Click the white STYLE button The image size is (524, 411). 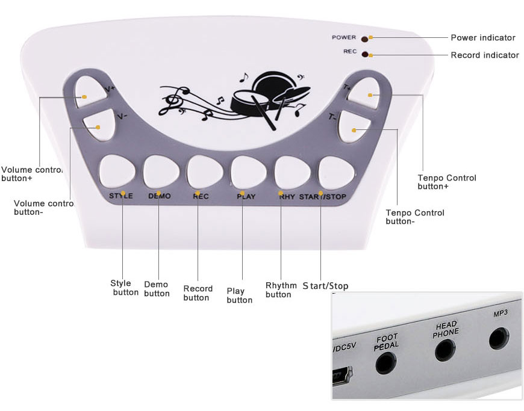117,171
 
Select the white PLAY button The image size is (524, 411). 248,171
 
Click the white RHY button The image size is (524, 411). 292,171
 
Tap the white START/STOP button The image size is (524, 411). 335,171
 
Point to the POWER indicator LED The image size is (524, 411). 365,39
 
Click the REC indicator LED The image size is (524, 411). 365,54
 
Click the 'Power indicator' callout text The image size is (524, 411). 483,38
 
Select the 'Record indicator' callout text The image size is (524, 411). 484,55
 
